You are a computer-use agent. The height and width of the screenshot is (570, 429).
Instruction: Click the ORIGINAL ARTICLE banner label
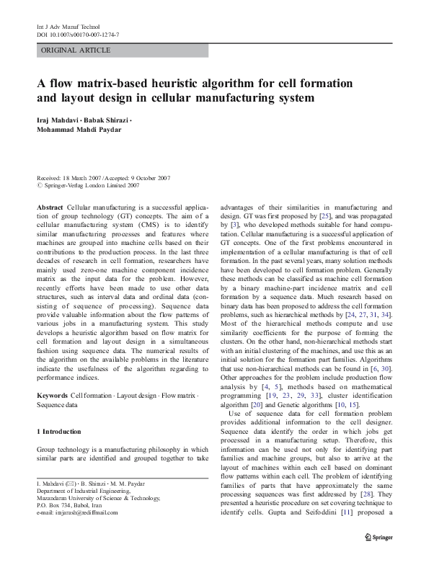(x=76, y=50)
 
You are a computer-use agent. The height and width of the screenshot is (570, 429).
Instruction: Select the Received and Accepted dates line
(x=104, y=177)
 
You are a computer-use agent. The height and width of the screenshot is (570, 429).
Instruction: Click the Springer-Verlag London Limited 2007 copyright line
(x=90, y=185)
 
